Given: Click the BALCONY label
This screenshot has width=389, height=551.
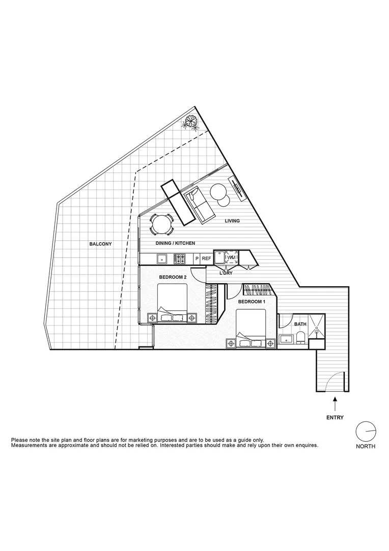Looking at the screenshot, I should pyautogui.click(x=100, y=244).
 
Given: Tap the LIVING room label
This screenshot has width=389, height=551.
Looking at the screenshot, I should pyautogui.click(x=232, y=221).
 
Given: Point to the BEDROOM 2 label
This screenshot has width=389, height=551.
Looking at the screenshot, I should pyautogui.click(x=172, y=277).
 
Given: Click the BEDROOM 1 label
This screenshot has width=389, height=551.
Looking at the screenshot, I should pyautogui.click(x=252, y=302).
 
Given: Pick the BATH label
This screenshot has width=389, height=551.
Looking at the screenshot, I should pyautogui.click(x=300, y=324).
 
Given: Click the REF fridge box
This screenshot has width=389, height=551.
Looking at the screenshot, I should pyautogui.click(x=206, y=259).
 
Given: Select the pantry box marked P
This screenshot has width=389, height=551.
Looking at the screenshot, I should pyautogui.click(x=197, y=259).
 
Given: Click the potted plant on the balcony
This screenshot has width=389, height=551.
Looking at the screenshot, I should pyautogui.click(x=191, y=121).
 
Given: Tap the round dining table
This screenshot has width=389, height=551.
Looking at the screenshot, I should pyautogui.click(x=161, y=223).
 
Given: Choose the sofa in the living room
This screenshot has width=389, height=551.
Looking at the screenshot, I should pyautogui.click(x=199, y=206).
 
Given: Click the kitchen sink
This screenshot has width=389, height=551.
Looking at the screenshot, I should pyautogui.click(x=163, y=259).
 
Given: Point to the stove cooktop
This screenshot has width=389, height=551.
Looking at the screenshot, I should pyautogui.click(x=180, y=259).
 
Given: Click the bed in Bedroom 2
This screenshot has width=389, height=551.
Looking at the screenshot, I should pyautogui.click(x=172, y=304).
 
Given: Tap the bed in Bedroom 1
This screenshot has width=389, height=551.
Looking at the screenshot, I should pyautogui.click(x=251, y=329).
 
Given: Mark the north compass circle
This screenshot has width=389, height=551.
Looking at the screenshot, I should pyautogui.click(x=366, y=432).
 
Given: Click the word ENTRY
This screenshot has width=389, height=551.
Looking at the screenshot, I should pyautogui.click(x=335, y=417).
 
